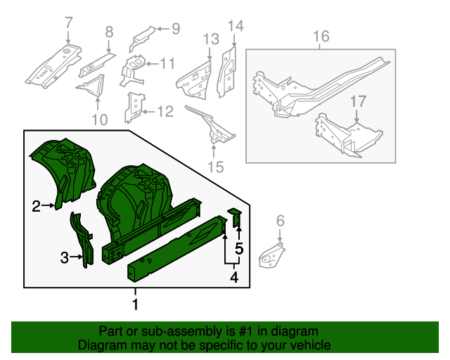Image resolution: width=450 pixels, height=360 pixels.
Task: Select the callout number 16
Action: [321, 35]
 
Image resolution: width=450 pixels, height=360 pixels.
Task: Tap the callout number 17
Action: [358, 101]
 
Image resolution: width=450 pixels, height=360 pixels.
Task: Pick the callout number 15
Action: [215, 167]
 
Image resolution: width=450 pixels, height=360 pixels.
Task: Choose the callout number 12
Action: [164, 111]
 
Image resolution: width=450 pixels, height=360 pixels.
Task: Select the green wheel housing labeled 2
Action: [63, 169]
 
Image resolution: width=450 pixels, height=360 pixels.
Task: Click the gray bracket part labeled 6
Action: [273, 255]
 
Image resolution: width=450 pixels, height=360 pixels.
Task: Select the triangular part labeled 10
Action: [91, 87]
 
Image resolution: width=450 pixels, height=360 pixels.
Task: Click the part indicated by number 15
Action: [210, 127]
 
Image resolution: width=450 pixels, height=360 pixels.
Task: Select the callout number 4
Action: [233, 278]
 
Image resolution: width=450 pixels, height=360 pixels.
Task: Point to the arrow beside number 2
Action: [49, 205]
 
